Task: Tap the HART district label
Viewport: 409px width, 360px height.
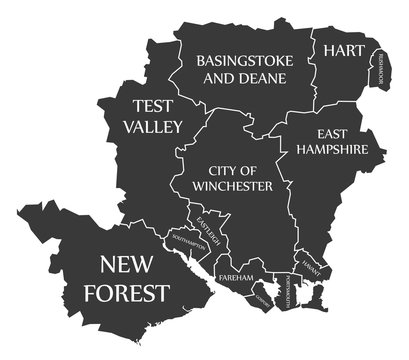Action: pyautogui.click(x=343, y=49)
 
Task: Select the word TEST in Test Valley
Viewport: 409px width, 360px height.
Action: pyautogui.click(x=154, y=107)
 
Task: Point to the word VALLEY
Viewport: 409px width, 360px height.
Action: pyautogui.click(x=153, y=127)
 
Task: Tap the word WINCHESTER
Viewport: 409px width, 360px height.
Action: pyautogui.click(x=234, y=187)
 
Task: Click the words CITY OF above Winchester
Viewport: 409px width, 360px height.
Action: pyautogui.click(x=234, y=170)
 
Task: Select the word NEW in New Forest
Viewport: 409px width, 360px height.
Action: pyautogui.click(x=133, y=265)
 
